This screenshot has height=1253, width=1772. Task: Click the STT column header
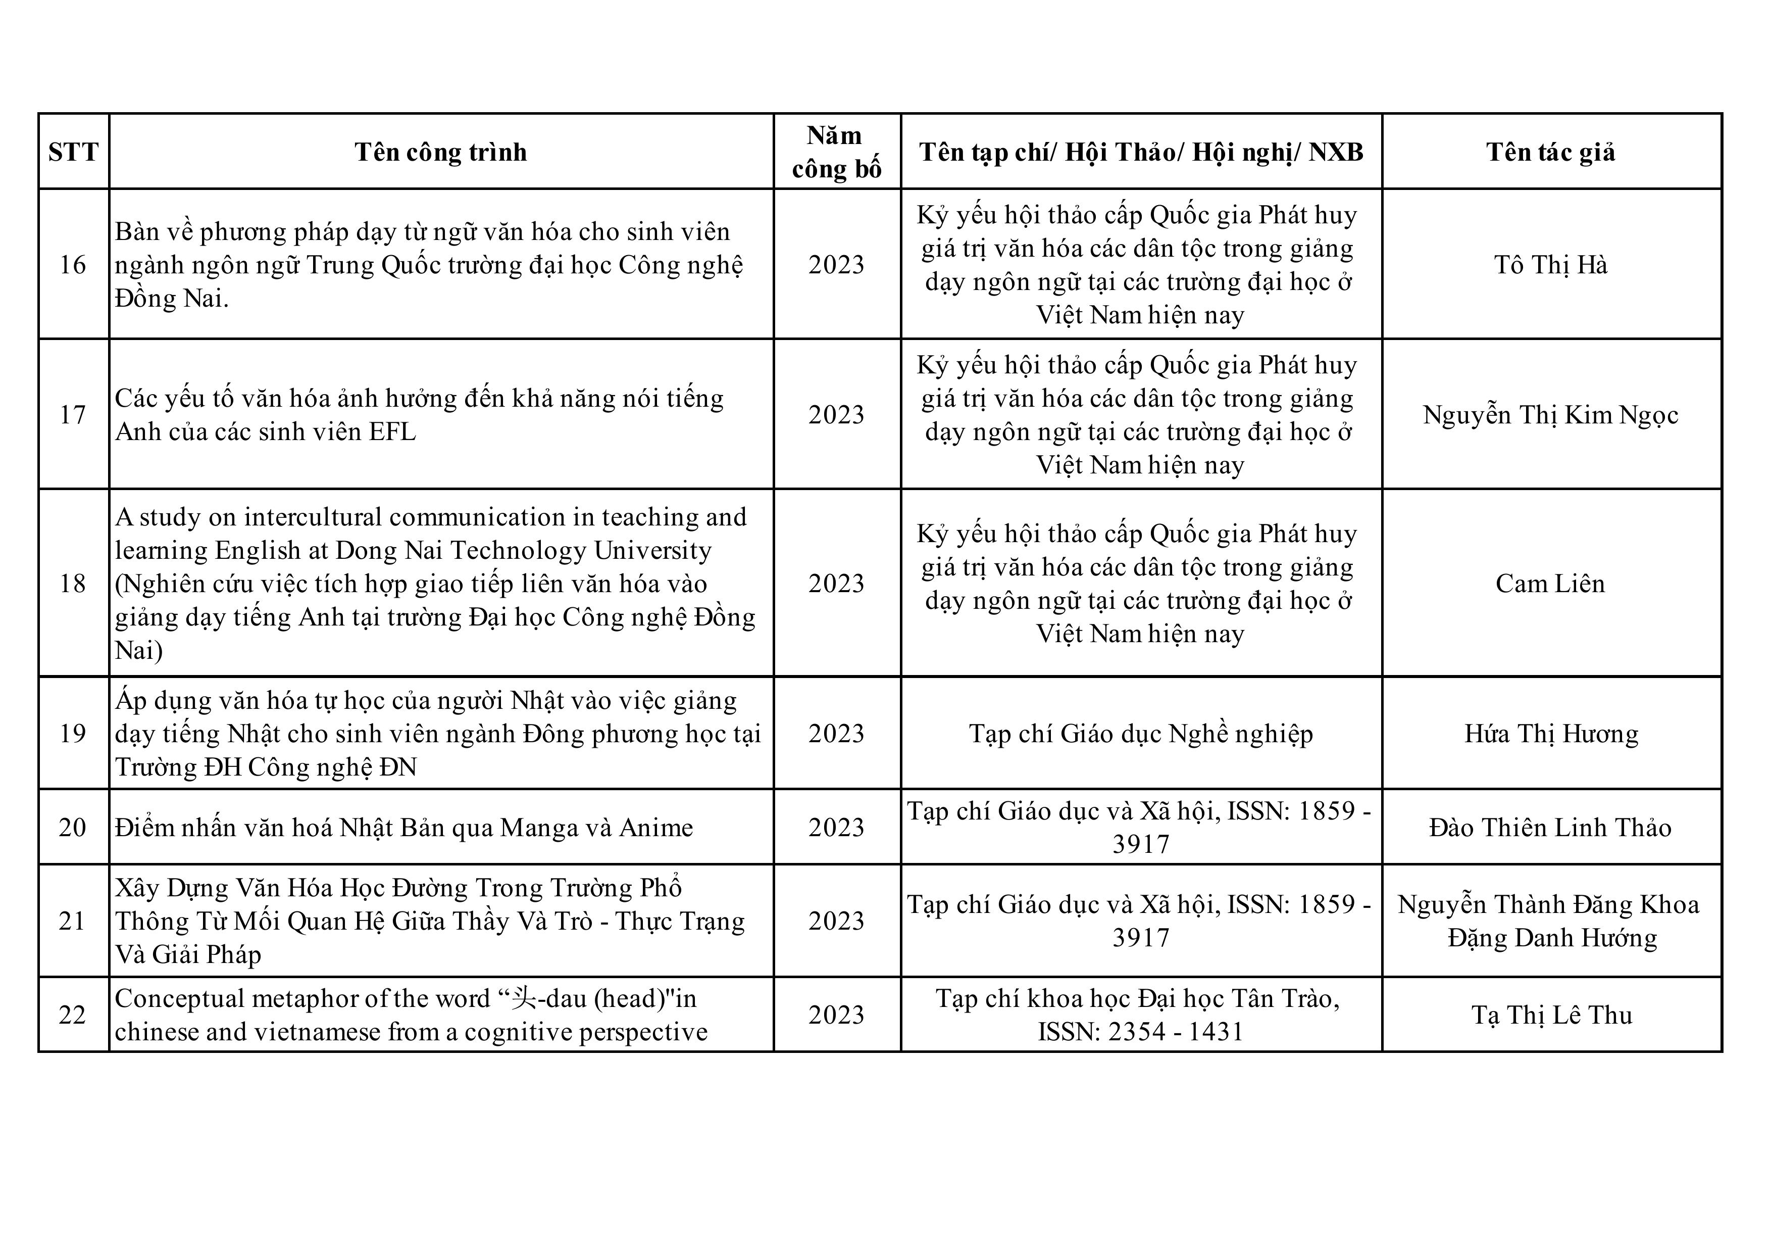pyautogui.click(x=73, y=152)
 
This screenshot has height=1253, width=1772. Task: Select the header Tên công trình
pyautogui.click(x=441, y=152)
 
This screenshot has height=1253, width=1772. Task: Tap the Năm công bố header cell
pyautogui.click(x=837, y=152)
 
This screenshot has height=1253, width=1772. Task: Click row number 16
pyautogui.click(x=73, y=265)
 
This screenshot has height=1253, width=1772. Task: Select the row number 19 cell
pyautogui.click(x=73, y=734)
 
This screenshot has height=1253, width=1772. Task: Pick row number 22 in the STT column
pyautogui.click(x=73, y=1015)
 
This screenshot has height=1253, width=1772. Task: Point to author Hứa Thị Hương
pyautogui.click(x=1551, y=734)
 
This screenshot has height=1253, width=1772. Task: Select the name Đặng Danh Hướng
pyautogui.click(x=1552, y=938)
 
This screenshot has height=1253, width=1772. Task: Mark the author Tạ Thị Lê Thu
pyautogui.click(x=1551, y=1015)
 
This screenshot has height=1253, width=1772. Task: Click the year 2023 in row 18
pyautogui.click(x=837, y=584)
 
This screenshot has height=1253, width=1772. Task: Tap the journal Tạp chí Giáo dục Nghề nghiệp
pyautogui.click(x=1141, y=734)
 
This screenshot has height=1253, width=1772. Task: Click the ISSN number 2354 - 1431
pyautogui.click(x=1176, y=1032)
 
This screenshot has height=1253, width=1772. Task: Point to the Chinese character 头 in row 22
pyautogui.click(x=524, y=998)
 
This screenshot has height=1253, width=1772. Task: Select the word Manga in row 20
pyautogui.click(x=534, y=828)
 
